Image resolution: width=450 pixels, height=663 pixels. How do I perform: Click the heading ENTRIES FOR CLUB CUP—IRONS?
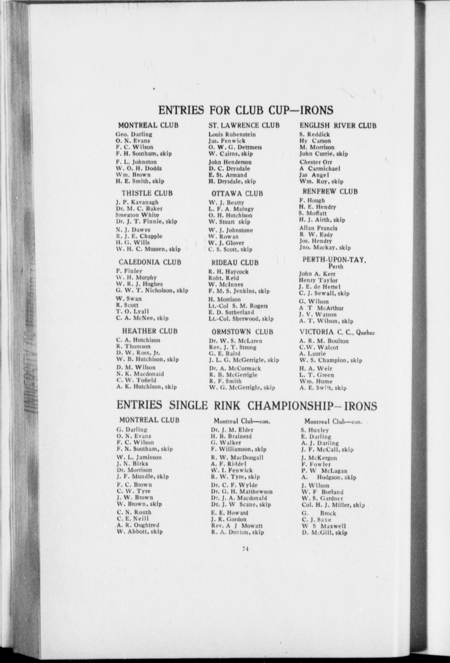coord(246,110)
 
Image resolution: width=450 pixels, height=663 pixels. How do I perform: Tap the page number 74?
coord(246,549)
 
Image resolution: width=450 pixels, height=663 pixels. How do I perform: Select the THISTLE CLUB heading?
coord(147,193)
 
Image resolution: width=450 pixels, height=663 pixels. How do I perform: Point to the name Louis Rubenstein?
coord(232,134)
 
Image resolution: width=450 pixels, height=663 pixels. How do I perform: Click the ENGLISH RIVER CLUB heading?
coord(338,125)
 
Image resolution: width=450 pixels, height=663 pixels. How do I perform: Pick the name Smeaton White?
coord(138,215)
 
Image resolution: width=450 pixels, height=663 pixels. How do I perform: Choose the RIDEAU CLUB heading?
coord(235,262)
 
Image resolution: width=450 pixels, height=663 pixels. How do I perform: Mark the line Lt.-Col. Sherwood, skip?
coord(241,319)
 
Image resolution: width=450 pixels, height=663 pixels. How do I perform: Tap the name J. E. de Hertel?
coord(319,287)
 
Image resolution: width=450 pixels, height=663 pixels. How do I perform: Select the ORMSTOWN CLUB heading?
coord(242,332)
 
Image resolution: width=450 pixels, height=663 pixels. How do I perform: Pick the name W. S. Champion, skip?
coord(330,360)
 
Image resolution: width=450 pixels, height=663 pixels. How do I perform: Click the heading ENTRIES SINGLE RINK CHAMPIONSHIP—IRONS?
coord(247,406)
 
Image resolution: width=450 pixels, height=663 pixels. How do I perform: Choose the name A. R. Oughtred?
coord(138,525)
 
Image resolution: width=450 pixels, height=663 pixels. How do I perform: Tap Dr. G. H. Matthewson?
coord(242,491)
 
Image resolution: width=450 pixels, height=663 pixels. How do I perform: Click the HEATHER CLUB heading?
coord(149,331)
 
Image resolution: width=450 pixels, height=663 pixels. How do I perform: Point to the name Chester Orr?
coord(316,162)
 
